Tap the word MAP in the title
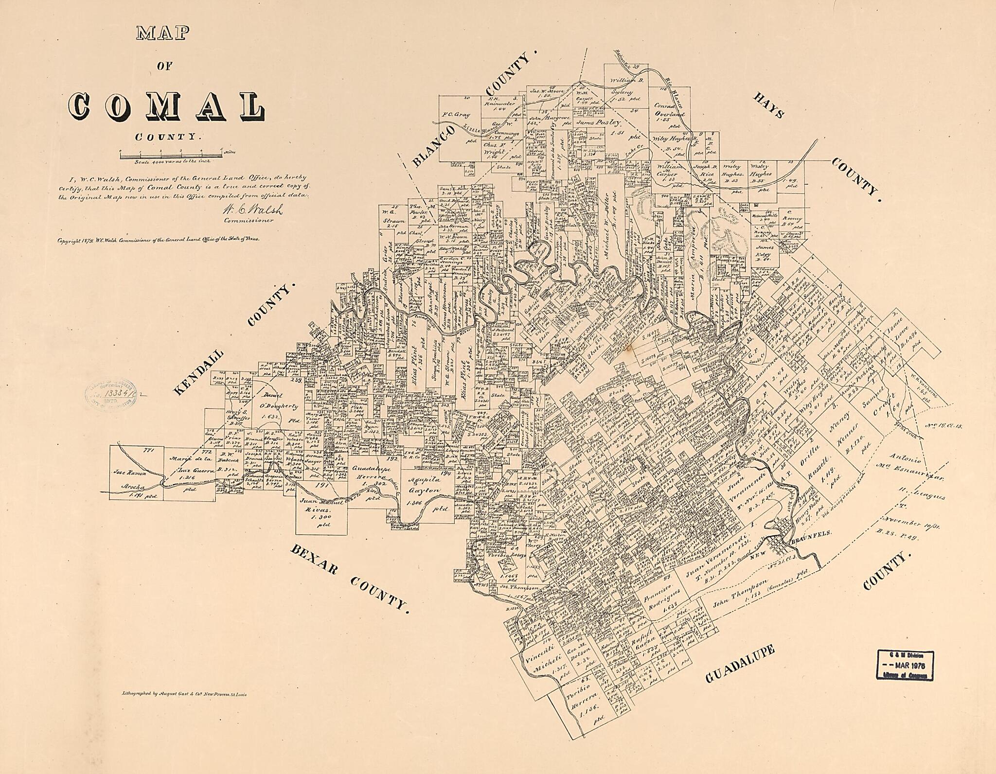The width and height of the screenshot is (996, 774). coord(162,33)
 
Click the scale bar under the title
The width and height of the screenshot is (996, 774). coord(170,156)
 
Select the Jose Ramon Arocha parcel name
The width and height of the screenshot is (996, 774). coord(132,485)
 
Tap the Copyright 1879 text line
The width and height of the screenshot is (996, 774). coord(159,240)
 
